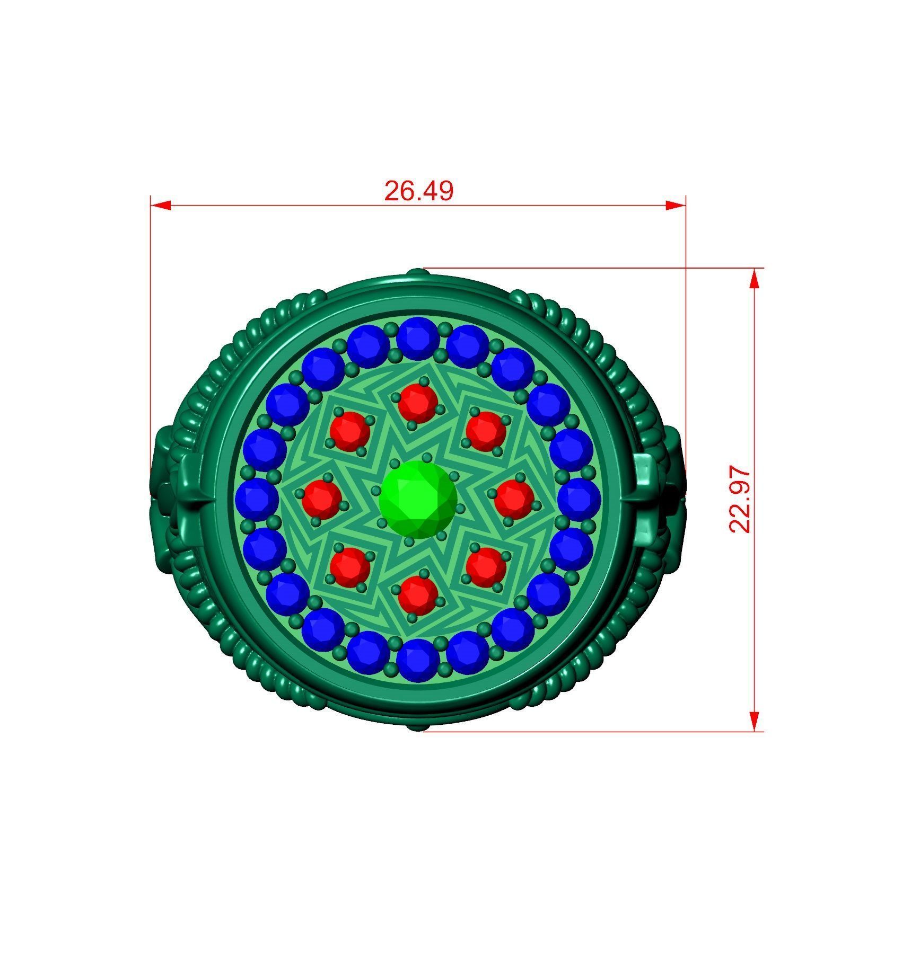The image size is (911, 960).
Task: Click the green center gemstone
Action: (x=418, y=499)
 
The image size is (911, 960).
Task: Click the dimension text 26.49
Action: (x=418, y=191)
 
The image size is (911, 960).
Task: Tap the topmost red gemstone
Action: (x=418, y=403)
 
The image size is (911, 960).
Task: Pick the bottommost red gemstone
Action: (x=418, y=595)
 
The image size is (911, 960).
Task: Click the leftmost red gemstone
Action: (x=322, y=499)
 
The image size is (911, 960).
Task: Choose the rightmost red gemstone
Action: (x=514, y=499)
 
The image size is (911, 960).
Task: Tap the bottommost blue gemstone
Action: (x=418, y=660)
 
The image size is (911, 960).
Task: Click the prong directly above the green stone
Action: (x=427, y=457)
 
